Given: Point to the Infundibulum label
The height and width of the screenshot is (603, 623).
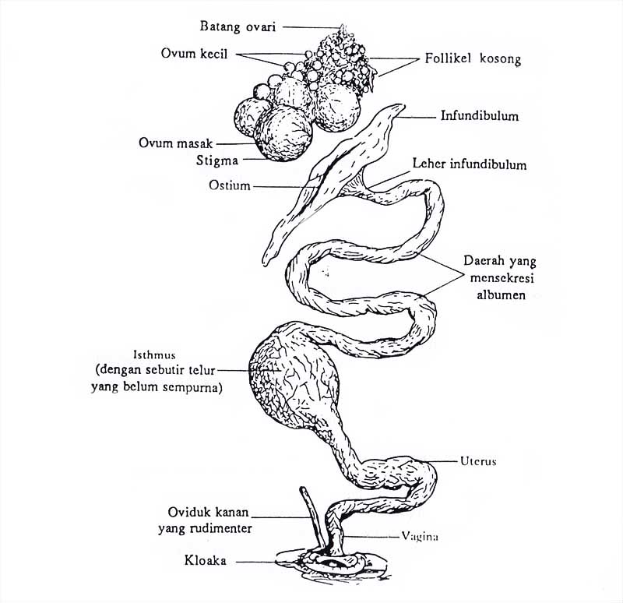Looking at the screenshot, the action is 479,117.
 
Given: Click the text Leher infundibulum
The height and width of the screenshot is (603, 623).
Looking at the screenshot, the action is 480,165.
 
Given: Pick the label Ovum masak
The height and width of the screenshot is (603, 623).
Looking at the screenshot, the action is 175,143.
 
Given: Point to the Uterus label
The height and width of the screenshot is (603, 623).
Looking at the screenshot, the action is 477,461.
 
